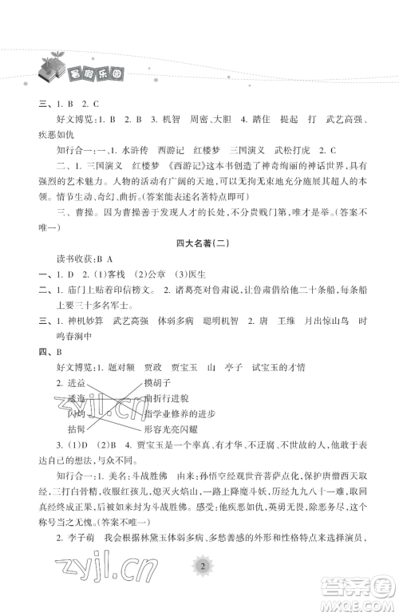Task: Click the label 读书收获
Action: coord(57,259)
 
